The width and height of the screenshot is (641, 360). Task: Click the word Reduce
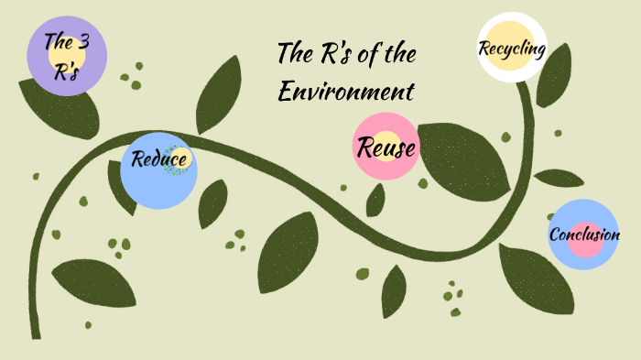tap(159, 160)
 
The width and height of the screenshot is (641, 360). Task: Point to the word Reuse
tap(386, 147)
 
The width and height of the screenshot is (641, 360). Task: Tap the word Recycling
tap(513, 48)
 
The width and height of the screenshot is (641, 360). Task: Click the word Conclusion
tap(583, 235)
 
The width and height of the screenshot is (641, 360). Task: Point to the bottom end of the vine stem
tap(36, 334)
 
